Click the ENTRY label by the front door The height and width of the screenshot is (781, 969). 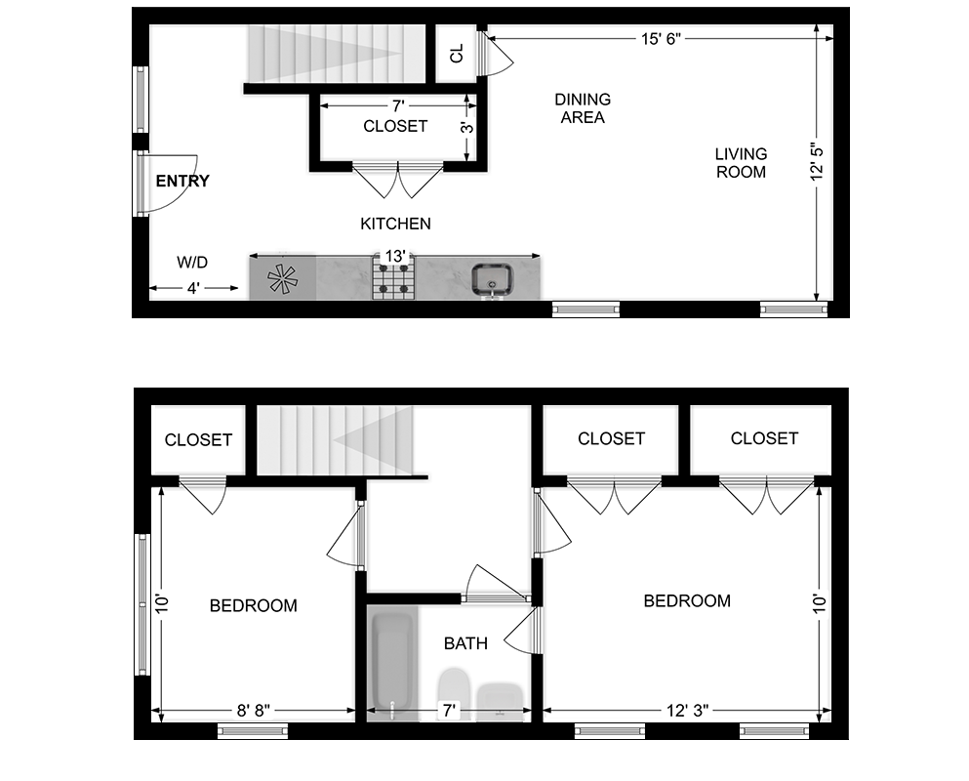click(182, 182)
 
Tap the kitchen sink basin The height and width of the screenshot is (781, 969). click(492, 279)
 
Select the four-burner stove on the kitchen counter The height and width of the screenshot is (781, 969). click(393, 278)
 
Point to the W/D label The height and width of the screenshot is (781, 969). click(192, 263)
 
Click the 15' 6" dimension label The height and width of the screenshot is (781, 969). click(661, 39)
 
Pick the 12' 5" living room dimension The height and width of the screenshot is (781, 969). click(817, 161)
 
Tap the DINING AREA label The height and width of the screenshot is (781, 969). click(583, 108)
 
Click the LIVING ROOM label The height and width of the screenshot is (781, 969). click(741, 163)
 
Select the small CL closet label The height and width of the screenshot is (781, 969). click(457, 54)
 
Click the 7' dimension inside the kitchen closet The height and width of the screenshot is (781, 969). click(398, 106)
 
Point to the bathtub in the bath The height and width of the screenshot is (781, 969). click(392, 663)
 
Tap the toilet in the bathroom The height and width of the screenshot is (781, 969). click(454, 692)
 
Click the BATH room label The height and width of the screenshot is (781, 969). click(466, 643)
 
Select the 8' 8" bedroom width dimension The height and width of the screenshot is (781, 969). click(254, 711)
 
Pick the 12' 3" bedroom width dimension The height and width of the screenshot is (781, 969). click(687, 711)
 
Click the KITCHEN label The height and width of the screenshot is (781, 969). click(395, 224)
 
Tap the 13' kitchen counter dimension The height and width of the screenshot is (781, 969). click(395, 256)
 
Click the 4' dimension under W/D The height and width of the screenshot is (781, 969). click(194, 288)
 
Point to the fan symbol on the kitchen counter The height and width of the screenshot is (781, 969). click(282, 279)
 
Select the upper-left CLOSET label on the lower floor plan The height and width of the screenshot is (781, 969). click(198, 439)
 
